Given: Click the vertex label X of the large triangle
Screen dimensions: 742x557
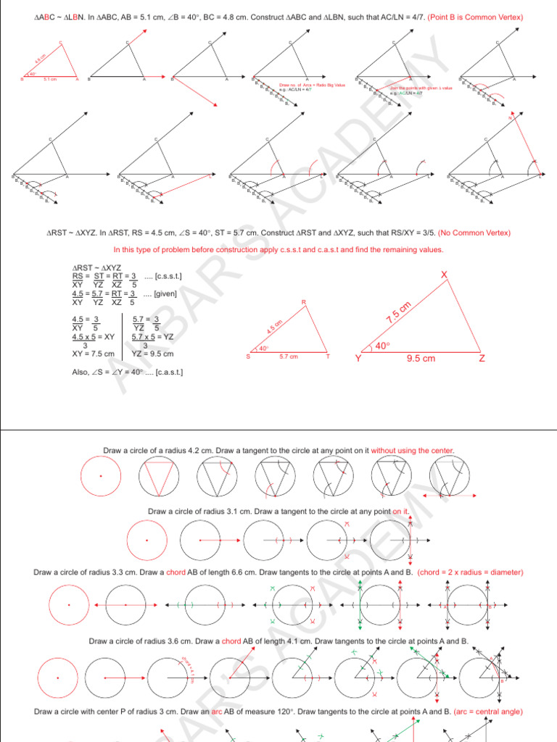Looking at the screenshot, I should [445, 273].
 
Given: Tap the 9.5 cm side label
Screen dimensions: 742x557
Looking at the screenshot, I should [421, 358].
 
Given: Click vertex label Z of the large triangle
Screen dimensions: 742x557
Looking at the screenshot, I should [482, 359].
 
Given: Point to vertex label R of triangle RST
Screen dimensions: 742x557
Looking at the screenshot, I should [304, 301].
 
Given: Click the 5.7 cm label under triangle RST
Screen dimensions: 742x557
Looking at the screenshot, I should [289, 357].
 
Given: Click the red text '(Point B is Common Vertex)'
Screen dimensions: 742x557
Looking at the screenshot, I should [474, 17].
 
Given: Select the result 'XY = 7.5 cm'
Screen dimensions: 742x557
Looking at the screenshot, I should [93, 354].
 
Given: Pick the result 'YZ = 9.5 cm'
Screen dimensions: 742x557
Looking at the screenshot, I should [153, 354].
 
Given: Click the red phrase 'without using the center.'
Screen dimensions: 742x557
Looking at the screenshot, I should [413, 450].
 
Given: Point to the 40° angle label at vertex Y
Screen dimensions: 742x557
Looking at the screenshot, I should [381, 346].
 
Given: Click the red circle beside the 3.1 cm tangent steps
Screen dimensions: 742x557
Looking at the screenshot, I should [147, 541].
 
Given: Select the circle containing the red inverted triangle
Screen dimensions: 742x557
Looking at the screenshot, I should [159, 476].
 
